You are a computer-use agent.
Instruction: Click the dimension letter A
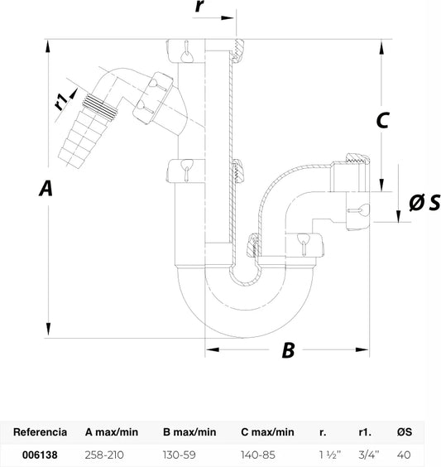click(46, 188)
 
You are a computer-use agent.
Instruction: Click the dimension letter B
click(288, 349)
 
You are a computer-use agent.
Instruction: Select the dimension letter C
click(383, 120)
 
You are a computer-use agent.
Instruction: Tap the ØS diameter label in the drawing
click(424, 202)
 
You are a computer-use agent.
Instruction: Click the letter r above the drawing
click(199, 6)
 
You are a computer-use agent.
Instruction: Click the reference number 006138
click(40, 455)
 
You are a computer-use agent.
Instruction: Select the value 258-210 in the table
click(104, 455)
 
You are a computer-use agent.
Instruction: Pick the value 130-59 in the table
click(180, 455)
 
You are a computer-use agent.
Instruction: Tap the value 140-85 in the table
click(258, 455)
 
